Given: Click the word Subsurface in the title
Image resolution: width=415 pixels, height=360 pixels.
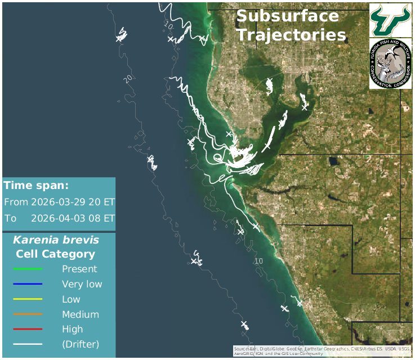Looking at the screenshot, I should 287,16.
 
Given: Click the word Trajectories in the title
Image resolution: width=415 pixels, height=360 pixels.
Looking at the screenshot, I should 291,35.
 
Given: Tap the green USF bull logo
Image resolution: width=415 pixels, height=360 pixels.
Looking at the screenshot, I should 390,19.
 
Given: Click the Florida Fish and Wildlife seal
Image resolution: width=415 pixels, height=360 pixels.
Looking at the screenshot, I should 390,64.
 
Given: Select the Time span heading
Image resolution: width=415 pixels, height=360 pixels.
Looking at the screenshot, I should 36,186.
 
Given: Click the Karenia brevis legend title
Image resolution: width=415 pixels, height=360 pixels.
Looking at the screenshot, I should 56,240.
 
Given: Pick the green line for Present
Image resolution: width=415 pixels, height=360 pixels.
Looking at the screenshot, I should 28,269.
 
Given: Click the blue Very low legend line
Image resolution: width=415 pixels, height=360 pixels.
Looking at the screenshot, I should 28,284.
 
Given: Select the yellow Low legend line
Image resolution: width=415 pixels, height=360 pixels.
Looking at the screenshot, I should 28,299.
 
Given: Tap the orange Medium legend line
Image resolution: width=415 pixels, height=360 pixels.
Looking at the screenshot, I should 28,314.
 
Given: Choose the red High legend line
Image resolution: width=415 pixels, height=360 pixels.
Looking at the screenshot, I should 28,329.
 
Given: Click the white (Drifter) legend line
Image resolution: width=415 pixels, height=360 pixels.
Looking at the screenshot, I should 28,344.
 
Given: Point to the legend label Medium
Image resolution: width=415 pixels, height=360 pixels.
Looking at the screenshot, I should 81,314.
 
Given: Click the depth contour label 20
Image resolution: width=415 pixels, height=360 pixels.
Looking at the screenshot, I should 130,78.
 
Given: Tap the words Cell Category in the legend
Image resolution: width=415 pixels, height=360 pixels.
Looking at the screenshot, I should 56,254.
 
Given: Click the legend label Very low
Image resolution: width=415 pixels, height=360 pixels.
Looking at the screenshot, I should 82,284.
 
